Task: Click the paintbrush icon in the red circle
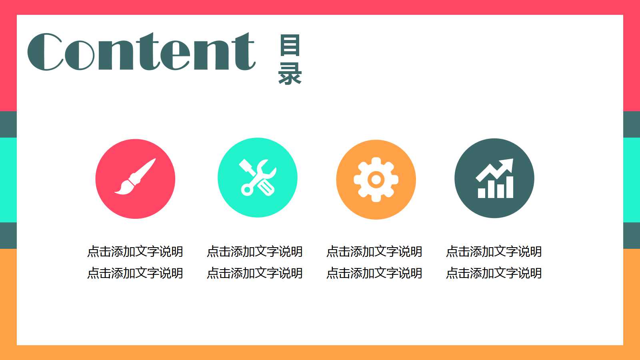[135, 177]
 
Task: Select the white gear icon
[376, 179]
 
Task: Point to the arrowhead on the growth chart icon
[508, 164]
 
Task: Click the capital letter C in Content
[45, 52]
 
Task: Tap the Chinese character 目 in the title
[290, 45]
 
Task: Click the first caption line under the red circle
[135, 252]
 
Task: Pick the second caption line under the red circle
[135, 273]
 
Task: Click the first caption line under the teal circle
[255, 252]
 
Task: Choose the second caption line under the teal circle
[255, 273]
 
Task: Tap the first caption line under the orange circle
[374, 252]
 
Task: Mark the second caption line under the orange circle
[374, 273]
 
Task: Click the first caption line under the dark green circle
[494, 252]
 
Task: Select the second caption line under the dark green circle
[494, 273]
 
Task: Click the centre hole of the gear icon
[376, 180]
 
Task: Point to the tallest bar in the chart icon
[509, 187]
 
